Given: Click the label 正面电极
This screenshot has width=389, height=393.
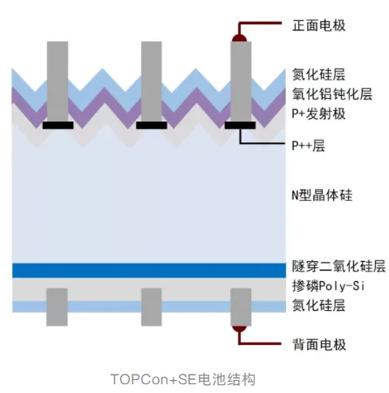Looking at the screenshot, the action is (x=319, y=25).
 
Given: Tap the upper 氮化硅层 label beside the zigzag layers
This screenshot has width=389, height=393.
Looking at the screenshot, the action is (x=318, y=74).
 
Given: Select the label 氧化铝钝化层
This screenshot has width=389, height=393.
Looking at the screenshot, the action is (x=332, y=94).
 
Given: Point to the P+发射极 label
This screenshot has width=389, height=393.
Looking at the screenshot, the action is (x=318, y=114).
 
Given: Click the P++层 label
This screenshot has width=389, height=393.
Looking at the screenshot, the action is (x=308, y=145).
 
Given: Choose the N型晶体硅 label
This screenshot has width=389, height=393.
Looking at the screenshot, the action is (x=322, y=195).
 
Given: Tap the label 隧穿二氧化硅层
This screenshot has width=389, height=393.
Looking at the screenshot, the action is (x=338, y=266).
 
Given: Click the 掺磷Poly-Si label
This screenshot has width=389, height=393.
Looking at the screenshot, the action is (x=328, y=286).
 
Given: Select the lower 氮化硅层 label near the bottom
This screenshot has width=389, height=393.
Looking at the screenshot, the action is (x=318, y=306).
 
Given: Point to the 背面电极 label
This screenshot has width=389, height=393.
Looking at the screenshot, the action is (x=319, y=345).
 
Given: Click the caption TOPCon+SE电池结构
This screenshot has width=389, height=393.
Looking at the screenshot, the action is (x=183, y=380).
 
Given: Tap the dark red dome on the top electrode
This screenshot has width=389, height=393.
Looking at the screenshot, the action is (x=239, y=38).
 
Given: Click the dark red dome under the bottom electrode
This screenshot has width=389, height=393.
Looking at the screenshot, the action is (x=239, y=328).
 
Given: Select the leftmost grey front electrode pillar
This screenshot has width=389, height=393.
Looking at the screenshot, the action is (x=58, y=81).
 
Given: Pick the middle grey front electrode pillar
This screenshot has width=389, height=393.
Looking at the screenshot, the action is (x=152, y=81).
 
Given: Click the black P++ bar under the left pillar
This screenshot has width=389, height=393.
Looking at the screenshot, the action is (x=58, y=125).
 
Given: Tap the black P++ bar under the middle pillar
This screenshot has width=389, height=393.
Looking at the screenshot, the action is (x=152, y=125).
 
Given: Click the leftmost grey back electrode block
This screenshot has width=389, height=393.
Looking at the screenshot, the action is (x=57, y=307).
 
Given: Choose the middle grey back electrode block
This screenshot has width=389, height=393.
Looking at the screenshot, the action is (x=152, y=307).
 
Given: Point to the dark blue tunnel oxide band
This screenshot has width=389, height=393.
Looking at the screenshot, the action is (x=149, y=271).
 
